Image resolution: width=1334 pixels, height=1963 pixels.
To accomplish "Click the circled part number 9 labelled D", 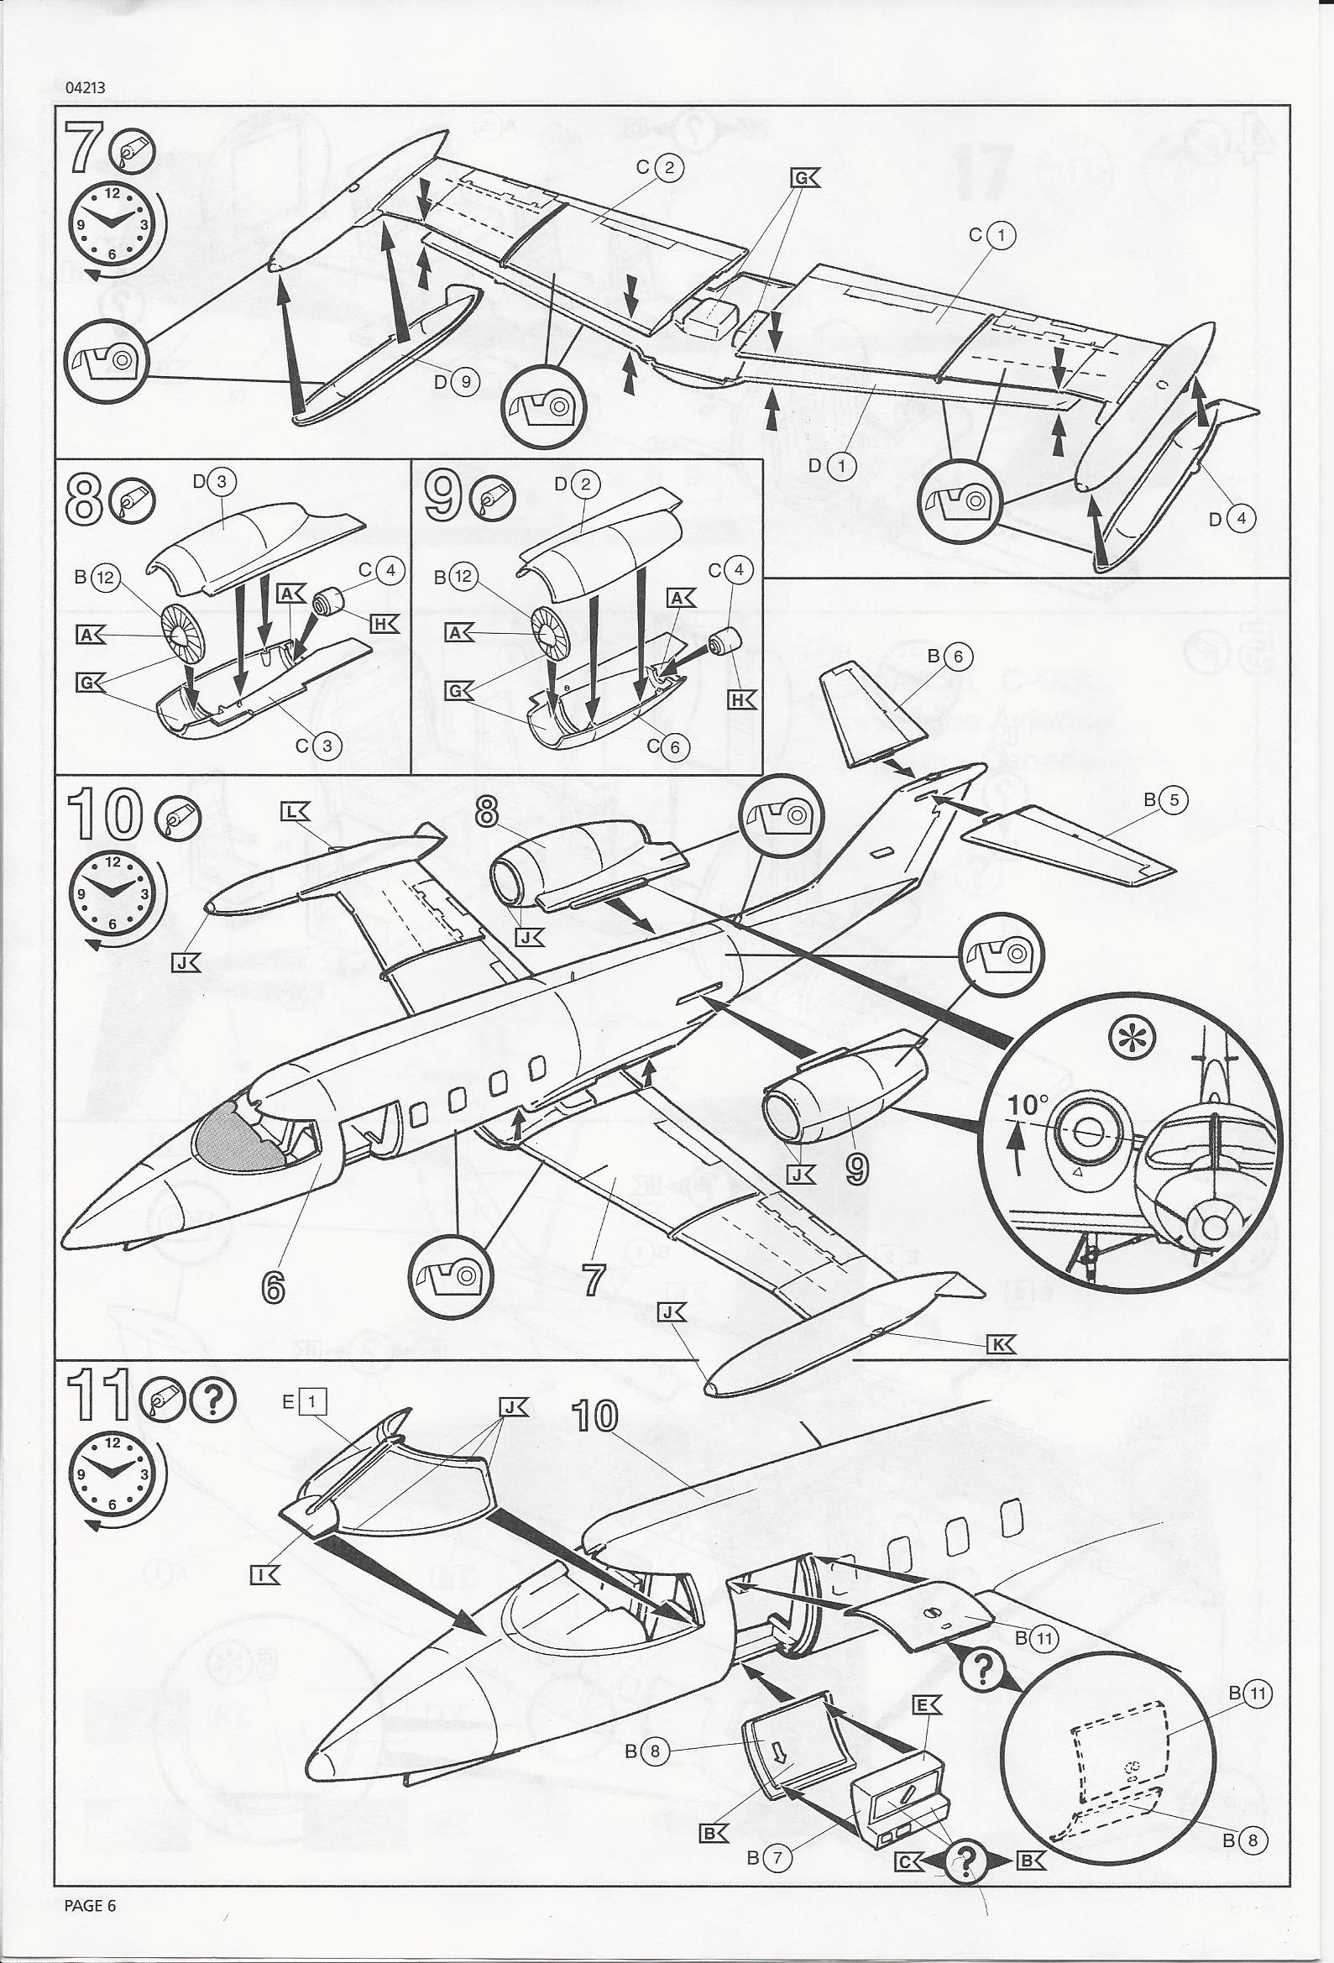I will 462,381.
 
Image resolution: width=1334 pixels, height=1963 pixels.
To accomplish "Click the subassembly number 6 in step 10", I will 273,1287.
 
